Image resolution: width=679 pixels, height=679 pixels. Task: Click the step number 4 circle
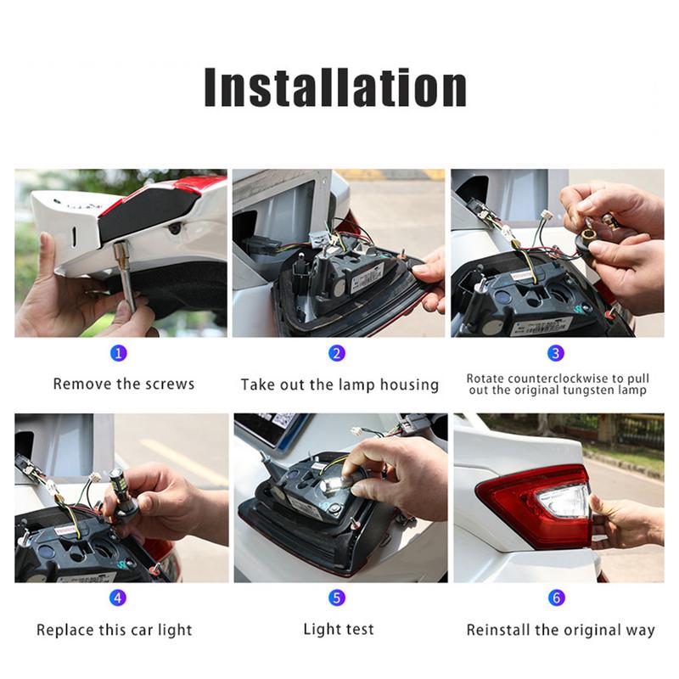(x=119, y=598)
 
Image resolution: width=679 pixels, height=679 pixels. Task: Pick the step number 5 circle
(x=338, y=598)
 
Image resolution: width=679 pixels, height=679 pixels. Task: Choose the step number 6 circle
(x=556, y=598)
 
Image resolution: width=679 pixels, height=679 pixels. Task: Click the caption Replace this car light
(x=115, y=630)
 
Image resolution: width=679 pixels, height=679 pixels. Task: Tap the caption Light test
(x=338, y=630)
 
